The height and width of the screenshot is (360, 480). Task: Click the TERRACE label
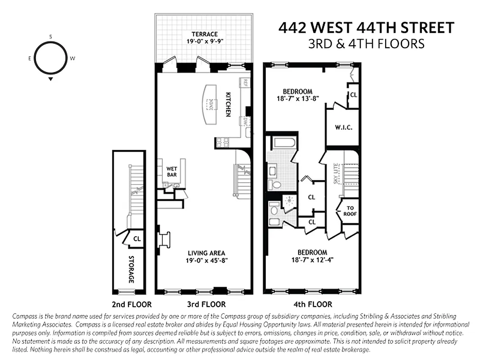point(204,34)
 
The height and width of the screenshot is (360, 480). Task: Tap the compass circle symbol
point(50,58)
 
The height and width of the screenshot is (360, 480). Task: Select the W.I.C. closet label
point(343,127)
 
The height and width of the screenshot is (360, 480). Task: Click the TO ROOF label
point(350,211)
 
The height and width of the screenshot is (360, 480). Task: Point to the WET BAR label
point(171,171)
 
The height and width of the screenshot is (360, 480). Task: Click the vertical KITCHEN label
point(228,104)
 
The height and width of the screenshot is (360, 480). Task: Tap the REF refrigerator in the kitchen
point(246,82)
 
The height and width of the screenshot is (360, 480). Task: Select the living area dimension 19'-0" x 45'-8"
point(205,261)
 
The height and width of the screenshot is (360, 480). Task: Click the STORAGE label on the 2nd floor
point(131,269)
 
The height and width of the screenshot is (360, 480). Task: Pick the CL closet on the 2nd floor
point(137,238)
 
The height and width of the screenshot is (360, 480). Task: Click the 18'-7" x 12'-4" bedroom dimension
point(312,260)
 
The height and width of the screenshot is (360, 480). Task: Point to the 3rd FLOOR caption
point(206,304)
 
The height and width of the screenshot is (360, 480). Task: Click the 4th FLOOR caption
point(312,304)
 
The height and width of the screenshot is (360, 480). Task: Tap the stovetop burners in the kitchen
point(222,142)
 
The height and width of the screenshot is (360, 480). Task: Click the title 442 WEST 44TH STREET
point(366,28)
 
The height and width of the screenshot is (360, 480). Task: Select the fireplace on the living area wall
point(164,239)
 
